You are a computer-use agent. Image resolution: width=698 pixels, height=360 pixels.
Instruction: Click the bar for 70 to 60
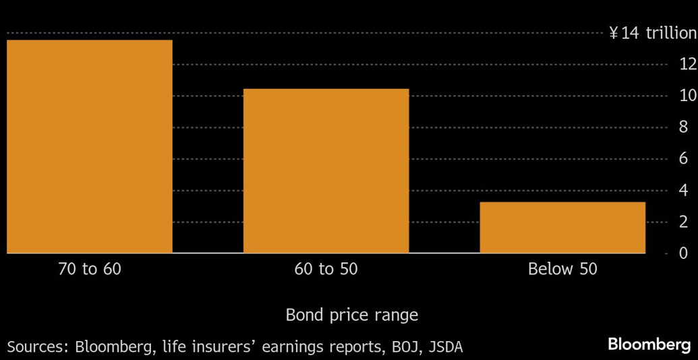pyautogui.click(x=90, y=146)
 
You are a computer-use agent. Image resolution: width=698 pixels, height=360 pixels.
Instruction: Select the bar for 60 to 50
pyautogui.click(x=326, y=171)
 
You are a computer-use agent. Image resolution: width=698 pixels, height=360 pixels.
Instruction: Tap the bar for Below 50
pyautogui.click(x=562, y=227)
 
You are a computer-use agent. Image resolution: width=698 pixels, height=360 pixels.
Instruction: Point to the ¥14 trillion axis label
pyautogui.click(x=652, y=33)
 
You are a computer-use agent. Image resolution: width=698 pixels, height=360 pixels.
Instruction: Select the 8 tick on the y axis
pyautogui.click(x=683, y=127)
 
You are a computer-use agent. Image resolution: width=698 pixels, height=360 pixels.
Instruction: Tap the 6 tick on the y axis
pyautogui.click(x=683, y=159)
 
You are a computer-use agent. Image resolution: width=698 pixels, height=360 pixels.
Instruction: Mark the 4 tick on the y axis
pyautogui.click(x=683, y=191)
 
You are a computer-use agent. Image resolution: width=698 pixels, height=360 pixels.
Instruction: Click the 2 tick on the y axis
pyautogui.click(x=683, y=222)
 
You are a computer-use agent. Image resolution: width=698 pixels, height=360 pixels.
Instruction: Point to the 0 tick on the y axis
pyautogui.click(x=683, y=253)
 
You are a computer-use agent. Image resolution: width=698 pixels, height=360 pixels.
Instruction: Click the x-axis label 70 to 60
pyautogui.click(x=90, y=270)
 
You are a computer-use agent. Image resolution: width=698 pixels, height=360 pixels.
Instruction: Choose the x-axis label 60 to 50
pyautogui.click(x=326, y=270)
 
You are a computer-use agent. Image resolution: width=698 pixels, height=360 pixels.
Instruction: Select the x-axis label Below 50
pyautogui.click(x=562, y=270)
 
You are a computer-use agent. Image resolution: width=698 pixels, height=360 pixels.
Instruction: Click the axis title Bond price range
pyautogui.click(x=351, y=315)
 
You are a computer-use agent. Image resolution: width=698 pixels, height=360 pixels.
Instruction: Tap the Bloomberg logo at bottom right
pyautogui.click(x=649, y=344)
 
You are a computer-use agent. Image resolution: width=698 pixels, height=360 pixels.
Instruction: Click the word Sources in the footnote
pyautogui.click(x=37, y=347)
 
